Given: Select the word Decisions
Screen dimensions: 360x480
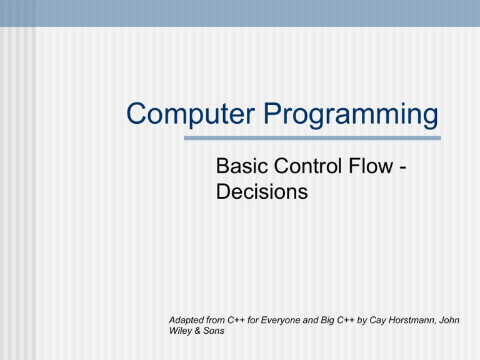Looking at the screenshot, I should [261, 191].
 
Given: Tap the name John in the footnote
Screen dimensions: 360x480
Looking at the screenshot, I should [448, 320].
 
